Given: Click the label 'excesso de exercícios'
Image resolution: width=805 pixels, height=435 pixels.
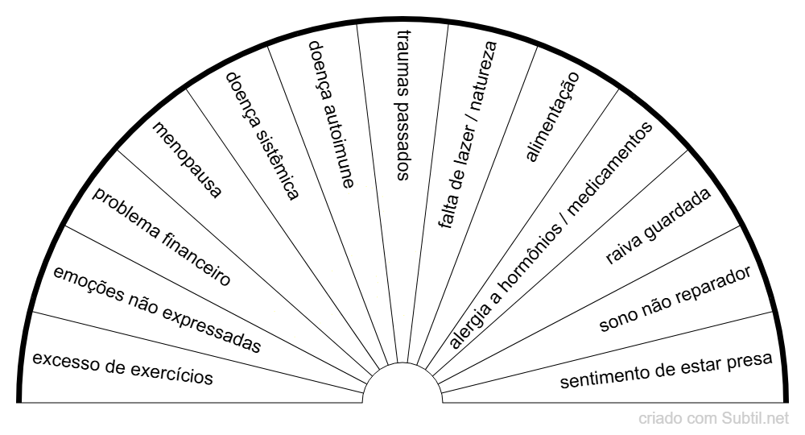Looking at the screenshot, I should click(x=122, y=366).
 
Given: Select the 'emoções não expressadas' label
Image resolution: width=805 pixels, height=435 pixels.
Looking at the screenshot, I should click(x=158, y=310).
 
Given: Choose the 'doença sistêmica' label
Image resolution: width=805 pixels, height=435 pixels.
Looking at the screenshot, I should click(x=262, y=135).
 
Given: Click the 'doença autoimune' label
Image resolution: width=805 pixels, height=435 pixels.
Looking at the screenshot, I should click(x=331, y=114).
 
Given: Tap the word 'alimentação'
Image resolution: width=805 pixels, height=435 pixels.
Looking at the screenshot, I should click(x=551, y=116).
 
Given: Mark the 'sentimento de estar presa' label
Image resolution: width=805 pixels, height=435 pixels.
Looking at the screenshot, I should click(x=667, y=369).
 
